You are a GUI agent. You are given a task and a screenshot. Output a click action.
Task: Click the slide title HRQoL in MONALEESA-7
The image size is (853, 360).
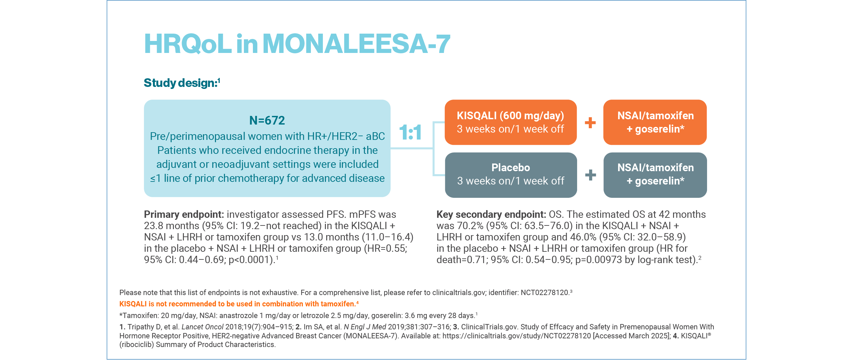[x=297, y=44]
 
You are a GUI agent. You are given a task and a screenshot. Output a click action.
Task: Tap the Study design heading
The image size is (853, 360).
[x=182, y=83]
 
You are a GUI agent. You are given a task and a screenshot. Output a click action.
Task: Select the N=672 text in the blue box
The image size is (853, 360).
[x=267, y=120]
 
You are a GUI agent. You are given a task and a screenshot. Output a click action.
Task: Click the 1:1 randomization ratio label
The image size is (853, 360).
[x=410, y=132]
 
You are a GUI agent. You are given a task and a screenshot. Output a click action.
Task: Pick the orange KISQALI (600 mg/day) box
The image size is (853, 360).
[x=510, y=122]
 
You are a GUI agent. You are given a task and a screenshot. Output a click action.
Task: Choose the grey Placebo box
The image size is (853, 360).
[x=510, y=175]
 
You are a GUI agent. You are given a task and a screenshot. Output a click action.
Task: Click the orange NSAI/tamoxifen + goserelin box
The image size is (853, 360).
[x=655, y=122]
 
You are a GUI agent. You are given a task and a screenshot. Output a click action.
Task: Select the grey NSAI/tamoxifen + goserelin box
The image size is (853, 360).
[x=655, y=175]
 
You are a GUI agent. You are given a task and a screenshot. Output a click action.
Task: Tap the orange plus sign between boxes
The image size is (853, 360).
[x=590, y=123]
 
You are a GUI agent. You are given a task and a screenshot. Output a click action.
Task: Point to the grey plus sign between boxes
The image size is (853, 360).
[x=590, y=175]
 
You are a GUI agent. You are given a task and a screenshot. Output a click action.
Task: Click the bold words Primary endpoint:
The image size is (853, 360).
[x=184, y=214]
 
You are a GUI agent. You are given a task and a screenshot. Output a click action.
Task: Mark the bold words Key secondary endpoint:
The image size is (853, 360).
[x=491, y=214]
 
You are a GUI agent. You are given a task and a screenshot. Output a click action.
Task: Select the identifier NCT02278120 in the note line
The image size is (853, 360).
[x=544, y=293]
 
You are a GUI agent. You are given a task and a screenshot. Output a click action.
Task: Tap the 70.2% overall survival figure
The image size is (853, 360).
[x=470, y=226]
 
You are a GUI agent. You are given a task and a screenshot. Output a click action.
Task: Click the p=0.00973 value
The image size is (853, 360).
[x=598, y=260]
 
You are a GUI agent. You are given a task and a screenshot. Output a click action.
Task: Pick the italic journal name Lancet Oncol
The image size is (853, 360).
[x=203, y=327]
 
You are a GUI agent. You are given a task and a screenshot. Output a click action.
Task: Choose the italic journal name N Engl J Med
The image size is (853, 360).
[x=365, y=327]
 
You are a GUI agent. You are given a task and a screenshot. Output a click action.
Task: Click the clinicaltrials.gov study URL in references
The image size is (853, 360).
[x=516, y=336]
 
